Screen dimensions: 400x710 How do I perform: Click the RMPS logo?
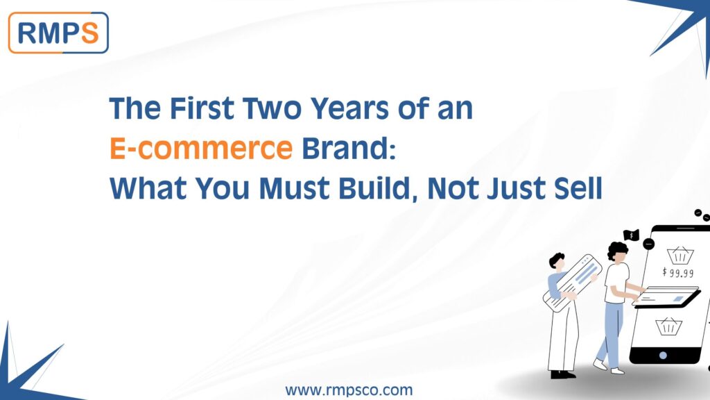tap(58, 32)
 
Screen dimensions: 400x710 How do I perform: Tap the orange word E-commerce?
tap(200, 148)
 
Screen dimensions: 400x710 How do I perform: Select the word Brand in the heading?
tap(345, 148)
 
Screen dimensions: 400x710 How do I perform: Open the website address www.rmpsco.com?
tap(349, 390)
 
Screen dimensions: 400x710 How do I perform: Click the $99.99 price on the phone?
tap(677, 272)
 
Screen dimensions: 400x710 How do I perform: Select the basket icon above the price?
tap(677, 255)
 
